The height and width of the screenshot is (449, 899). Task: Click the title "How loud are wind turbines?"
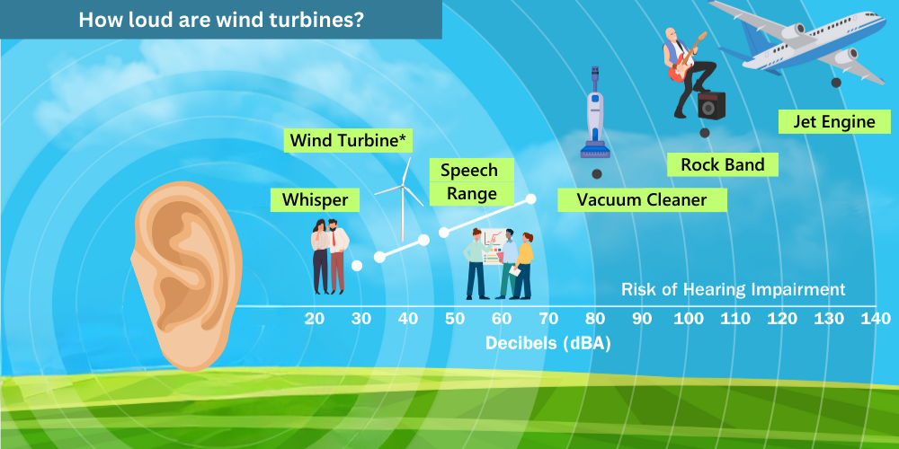(221, 20)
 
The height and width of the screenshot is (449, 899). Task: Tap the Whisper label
(315, 200)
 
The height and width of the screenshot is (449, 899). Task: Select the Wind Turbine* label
(349, 141)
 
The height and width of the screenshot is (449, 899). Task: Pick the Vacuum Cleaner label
(642, 200)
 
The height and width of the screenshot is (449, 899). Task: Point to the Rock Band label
(723, 164)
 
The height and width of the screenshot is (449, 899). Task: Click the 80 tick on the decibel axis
(596, 319)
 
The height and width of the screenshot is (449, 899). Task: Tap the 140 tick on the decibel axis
(876, 319)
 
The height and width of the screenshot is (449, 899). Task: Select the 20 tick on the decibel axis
(314, 319)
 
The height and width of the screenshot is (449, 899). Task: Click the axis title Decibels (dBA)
(547, 344)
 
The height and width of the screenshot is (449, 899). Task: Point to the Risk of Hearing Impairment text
(734, 289)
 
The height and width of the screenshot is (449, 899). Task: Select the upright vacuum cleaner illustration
(595, 112)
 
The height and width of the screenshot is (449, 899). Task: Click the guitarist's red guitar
(687, 57)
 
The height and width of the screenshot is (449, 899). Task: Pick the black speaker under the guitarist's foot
(711, 105)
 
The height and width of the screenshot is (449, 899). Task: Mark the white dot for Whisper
(357, 266)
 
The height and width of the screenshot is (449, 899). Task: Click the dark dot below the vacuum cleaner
(597, 174)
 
